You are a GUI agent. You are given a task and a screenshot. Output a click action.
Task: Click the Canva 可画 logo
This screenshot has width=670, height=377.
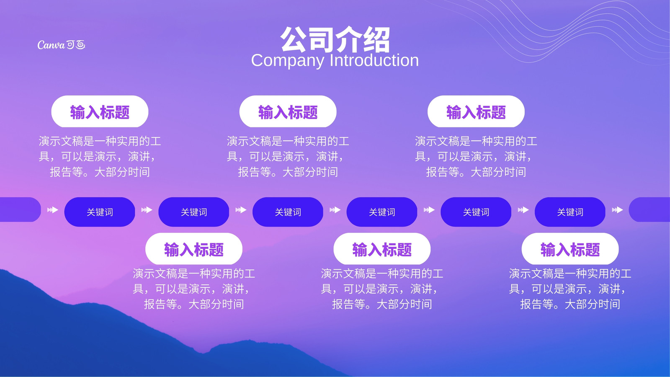click(x=61, y=45)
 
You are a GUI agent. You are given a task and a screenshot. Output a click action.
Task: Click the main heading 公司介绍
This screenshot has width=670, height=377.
click(x=335, y=40)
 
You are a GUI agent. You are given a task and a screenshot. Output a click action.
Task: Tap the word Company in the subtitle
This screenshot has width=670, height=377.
click(x=287, y=61)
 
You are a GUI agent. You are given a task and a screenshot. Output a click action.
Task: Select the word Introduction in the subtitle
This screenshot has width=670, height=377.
click(x=374, y=60)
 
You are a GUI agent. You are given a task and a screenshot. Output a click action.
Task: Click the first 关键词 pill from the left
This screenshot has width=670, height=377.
click(x=100, y=212)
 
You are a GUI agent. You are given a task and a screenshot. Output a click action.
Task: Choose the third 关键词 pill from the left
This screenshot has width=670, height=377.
click(x=288, y=212)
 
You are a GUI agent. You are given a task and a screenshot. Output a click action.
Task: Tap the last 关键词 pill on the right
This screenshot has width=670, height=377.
click(x=570, y=212)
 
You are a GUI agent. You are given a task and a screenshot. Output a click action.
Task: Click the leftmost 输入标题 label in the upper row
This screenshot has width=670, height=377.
click(x=100, y=111)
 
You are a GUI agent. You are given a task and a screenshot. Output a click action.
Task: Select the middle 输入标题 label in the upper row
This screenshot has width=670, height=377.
click(x=288, y=111)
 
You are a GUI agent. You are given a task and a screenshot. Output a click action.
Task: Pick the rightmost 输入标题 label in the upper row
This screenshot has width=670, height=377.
click(x=476, y=111)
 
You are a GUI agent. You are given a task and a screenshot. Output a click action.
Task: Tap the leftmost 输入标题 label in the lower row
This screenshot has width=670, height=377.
click(x=194, y=249)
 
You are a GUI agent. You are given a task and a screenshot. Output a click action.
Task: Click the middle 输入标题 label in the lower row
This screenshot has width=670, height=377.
click(x=382, y=249)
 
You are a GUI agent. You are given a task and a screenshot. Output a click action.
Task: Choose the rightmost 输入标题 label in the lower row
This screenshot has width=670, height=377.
click(x=570, y=249)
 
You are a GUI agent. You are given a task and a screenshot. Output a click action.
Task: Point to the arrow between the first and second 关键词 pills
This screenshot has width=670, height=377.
click(x=147, y=210)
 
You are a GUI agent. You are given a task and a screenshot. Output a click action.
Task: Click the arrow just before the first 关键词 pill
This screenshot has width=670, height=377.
click(x=53, y=210)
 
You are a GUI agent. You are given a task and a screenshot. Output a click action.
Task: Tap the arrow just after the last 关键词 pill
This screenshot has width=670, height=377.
click(x=617, y=210)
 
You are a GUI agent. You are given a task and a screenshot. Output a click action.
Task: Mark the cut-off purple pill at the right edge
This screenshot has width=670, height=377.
click(x=649, y=209)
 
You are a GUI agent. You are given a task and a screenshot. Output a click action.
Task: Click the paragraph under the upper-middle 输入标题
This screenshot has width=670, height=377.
click(x=288, y=157)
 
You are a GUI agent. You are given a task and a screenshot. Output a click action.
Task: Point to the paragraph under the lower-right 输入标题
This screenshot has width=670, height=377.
click(x=570, y=289)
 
